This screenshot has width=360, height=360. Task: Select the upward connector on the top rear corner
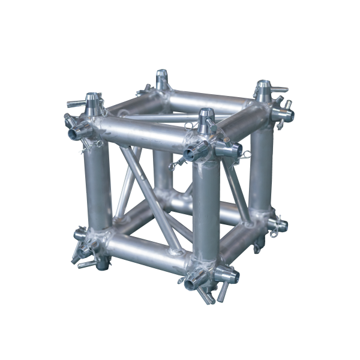pyautogui.click(x=161, y=78)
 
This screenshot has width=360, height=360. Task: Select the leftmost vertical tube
pyautogui.click(x=98, y=186)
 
